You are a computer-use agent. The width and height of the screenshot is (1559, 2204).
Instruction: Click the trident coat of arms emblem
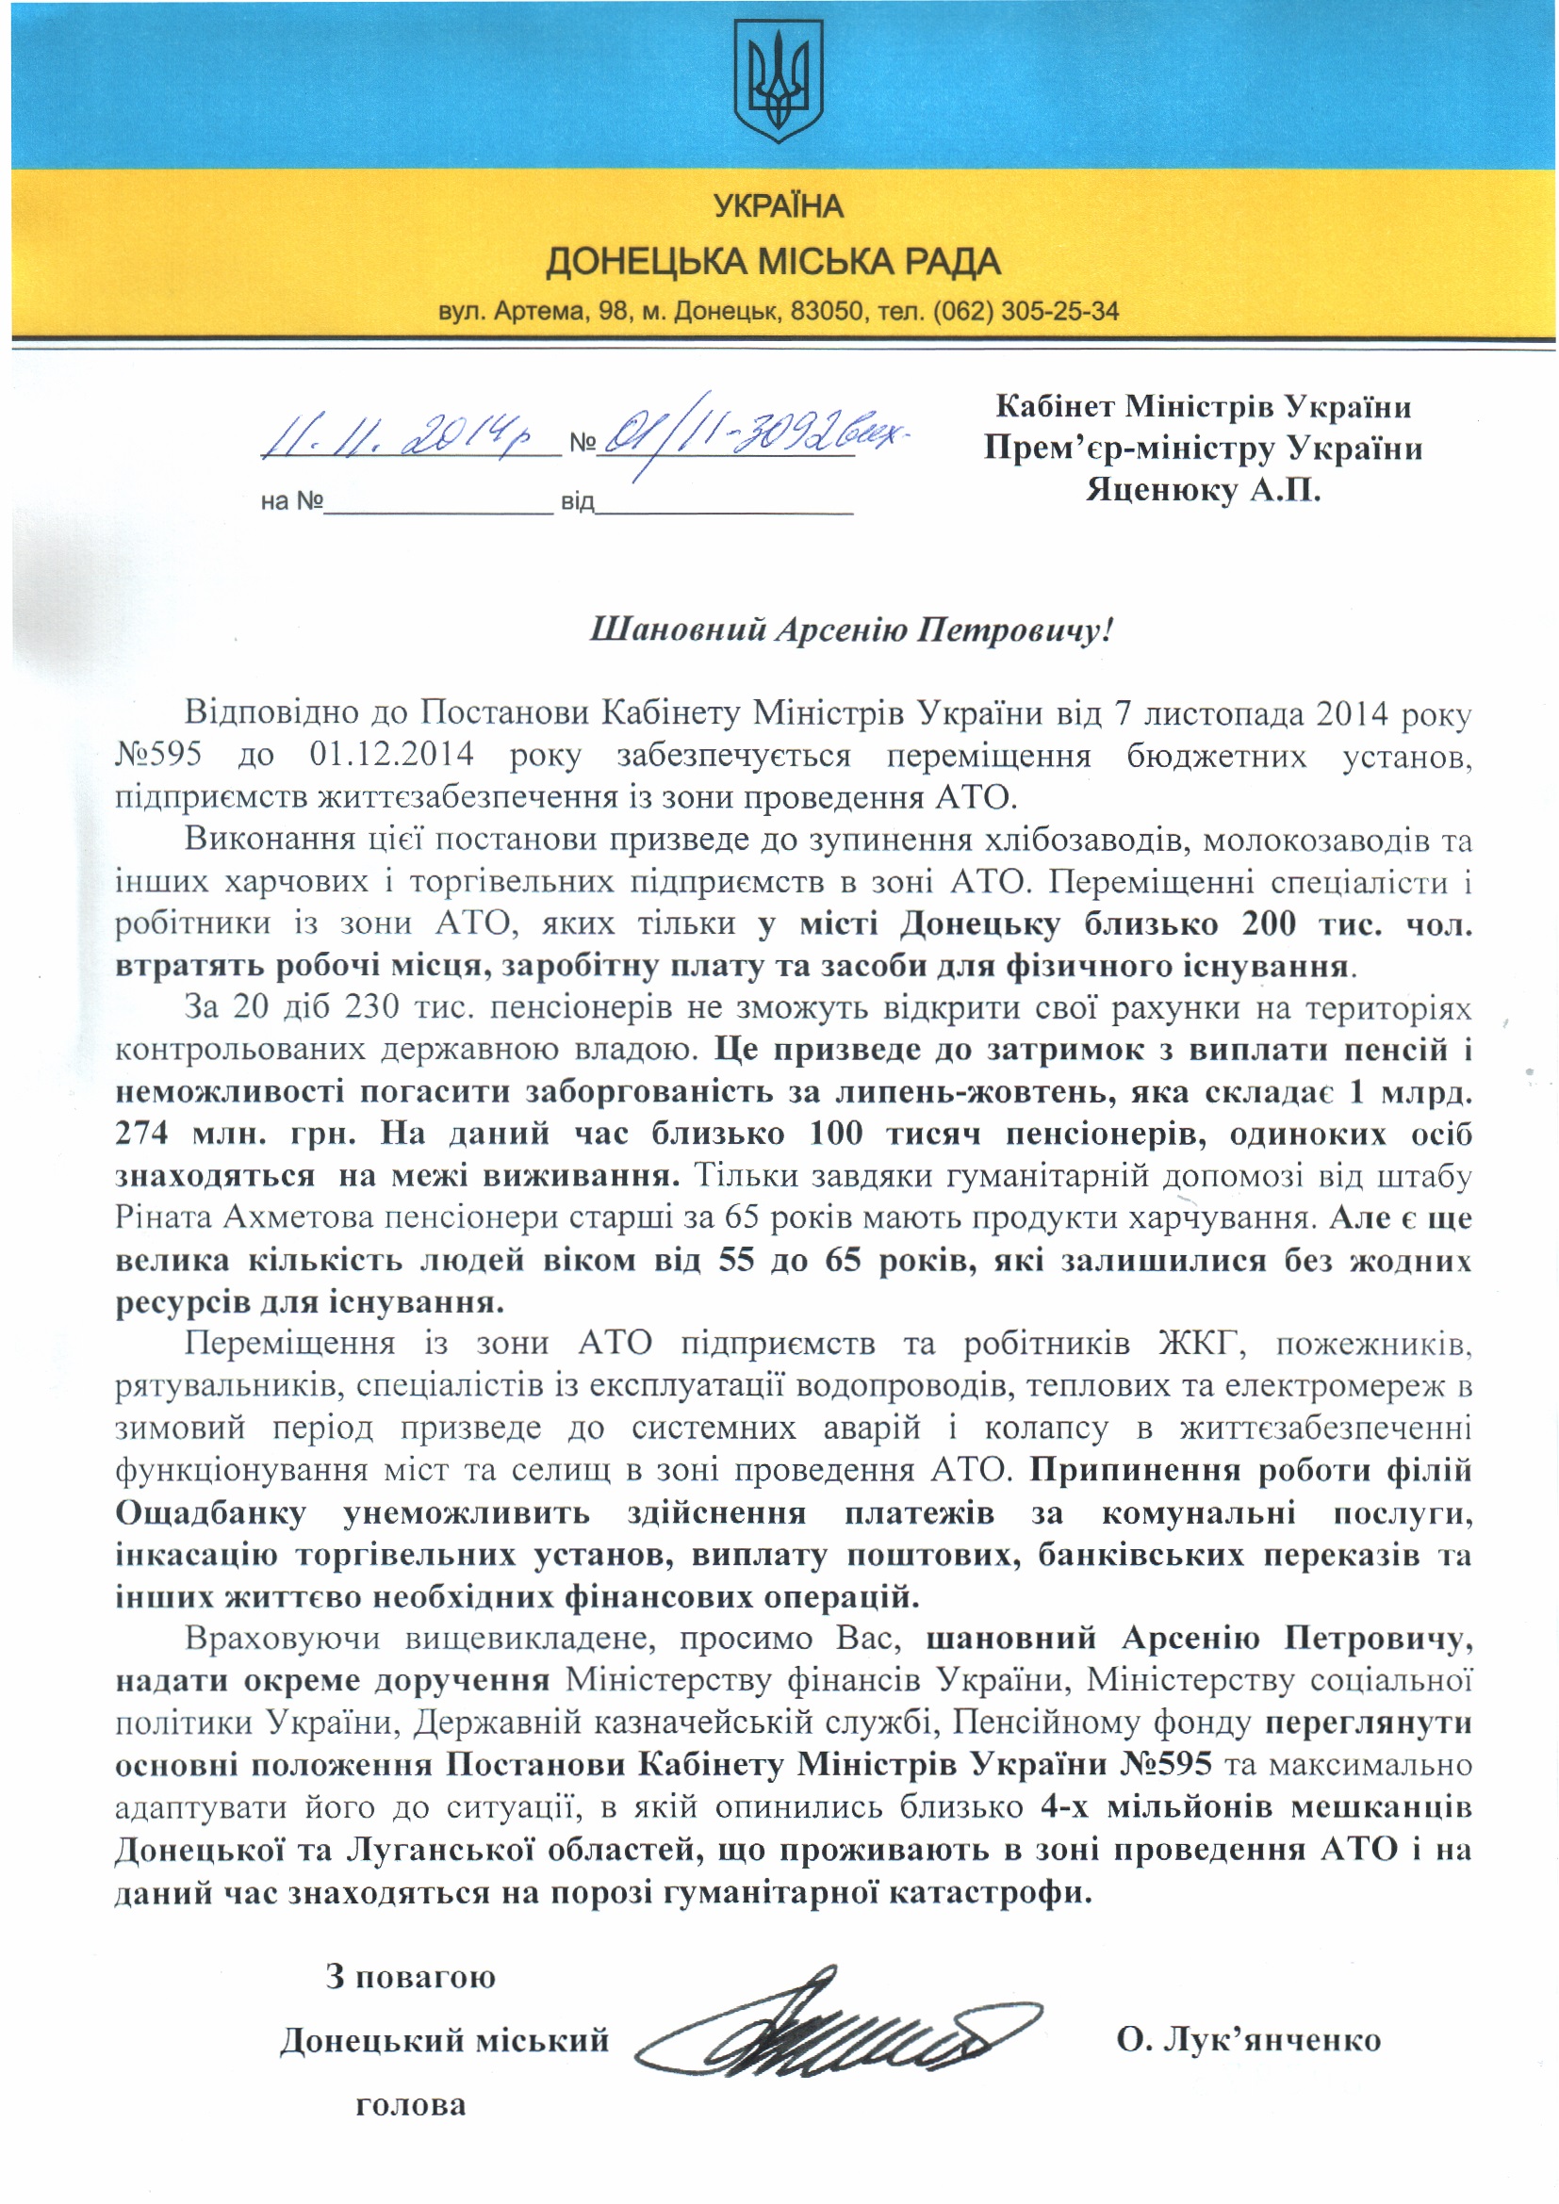[779, 84]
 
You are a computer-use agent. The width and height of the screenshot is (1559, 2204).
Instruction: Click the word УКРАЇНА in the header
[779, 206]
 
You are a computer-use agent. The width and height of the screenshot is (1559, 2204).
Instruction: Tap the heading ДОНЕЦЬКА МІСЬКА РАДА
[773, 261]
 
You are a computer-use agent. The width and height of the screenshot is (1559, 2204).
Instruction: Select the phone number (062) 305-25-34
[1026, 312]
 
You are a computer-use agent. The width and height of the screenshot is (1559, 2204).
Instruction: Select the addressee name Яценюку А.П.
[1203, 492]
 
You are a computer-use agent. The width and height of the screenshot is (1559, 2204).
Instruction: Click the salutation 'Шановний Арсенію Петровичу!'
[850, 630]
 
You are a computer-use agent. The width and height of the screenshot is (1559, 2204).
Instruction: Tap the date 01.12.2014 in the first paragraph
[392, 756]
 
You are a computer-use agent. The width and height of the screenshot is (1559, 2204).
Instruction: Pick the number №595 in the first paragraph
[158, 756]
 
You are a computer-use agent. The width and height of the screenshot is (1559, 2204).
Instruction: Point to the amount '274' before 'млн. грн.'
[142, 1134]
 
